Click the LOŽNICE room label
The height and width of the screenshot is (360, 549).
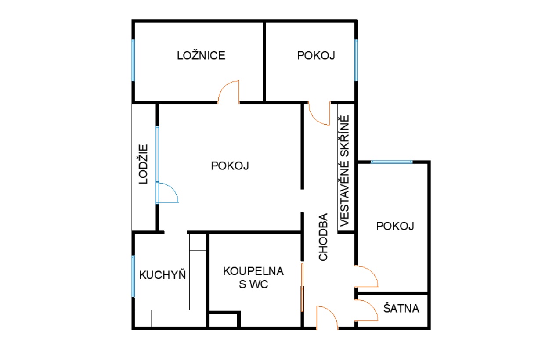coord(201,55)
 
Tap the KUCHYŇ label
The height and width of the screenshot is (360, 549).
coord(163,274)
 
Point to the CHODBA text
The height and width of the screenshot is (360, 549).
coord(323,237)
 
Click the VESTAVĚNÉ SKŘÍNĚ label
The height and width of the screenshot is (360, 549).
coord(344,171)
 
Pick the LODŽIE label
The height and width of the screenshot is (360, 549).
coord(143,164)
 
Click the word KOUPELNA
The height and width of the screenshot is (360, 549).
coord(253,271)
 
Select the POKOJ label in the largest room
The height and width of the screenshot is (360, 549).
coord(230,166)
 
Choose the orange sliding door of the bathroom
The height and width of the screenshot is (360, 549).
coord(302,288)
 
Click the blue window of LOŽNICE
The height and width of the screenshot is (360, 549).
coord(133,60)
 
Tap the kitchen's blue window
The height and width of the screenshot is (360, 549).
coord(133,276)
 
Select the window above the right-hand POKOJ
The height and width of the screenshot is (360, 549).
coord(391,162)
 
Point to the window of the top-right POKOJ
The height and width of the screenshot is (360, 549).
coord(356,60)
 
